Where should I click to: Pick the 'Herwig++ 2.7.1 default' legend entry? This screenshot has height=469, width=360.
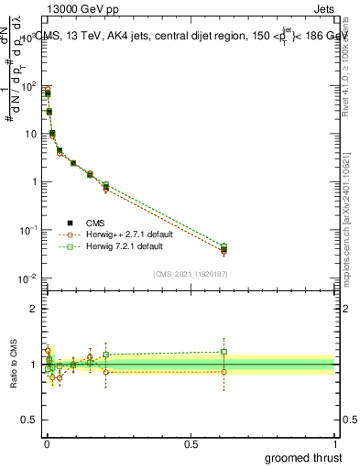tap(134, 234)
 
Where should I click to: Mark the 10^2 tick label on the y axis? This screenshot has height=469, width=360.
tap(27, 86)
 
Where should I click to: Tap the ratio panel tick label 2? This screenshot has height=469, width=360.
tap(32, 309)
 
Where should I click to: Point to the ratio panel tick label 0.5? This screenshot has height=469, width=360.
tap(28, 421)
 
